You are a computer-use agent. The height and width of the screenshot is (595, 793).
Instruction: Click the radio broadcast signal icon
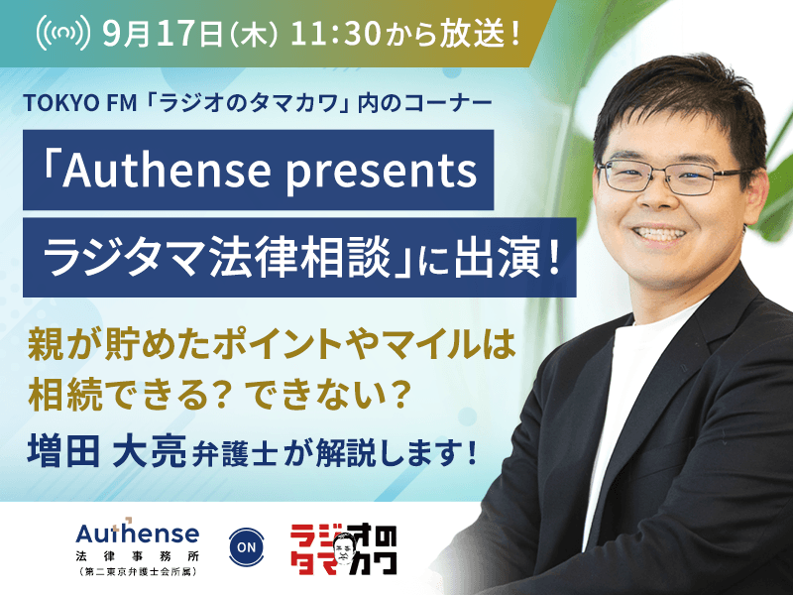point(63,33)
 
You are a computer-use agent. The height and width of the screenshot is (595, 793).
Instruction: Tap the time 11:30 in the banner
point(335,35)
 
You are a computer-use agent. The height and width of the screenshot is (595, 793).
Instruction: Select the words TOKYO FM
point(80,103)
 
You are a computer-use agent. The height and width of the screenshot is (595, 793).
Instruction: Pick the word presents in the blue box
point(382,171)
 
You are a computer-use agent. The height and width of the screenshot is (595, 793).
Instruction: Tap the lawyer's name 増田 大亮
point(107,451)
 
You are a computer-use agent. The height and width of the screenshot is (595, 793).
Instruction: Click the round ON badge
point(246,547)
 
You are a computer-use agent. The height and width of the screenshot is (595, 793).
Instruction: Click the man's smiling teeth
point(659,234)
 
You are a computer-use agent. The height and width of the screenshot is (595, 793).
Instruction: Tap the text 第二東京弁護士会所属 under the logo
point(138,572)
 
